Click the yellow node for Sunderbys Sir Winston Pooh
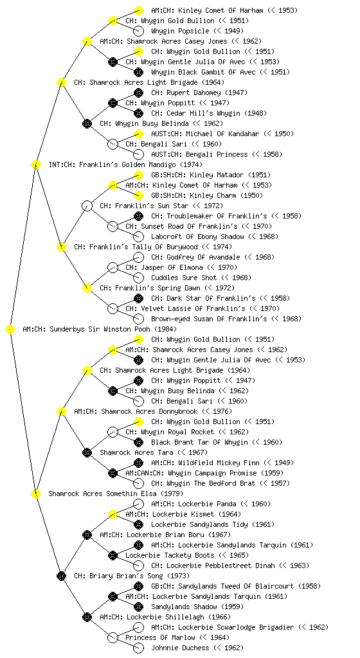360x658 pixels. click(10, 330)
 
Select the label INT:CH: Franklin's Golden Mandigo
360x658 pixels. click(125, 165)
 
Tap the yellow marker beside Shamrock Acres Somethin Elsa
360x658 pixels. click(35, 494)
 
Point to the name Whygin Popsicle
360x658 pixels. click(180, 31)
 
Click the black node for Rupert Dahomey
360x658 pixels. click(138, 93)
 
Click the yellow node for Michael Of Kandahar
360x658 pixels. click(138, 134)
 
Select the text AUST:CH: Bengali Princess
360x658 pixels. click(199, 154)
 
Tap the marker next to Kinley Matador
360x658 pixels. click(138, 175)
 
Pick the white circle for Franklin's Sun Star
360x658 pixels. click(87, 206)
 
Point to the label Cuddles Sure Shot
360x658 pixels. click(184, 278)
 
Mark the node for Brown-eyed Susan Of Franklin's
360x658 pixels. click(138, 319)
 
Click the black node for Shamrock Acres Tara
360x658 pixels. click(87, 453)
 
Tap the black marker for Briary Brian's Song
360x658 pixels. click(61, 576)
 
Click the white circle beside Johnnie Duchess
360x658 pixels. click(138, 648)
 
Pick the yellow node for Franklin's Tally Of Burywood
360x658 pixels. click(61, 247)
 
